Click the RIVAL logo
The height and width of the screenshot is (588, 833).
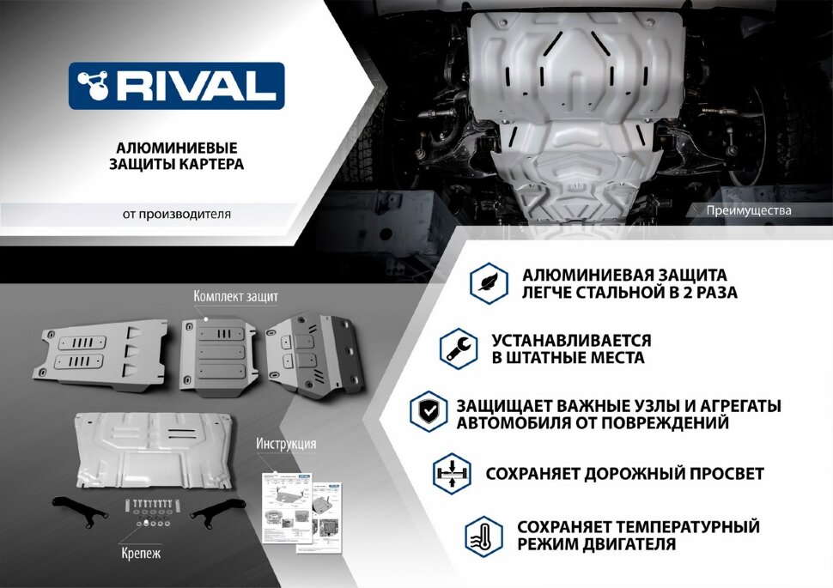point(176,86)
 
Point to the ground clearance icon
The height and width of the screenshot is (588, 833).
point(451,473)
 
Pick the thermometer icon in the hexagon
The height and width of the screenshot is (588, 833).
point(483,536)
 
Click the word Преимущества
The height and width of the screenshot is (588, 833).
point(750,210)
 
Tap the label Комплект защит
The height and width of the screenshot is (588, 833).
point(235,295)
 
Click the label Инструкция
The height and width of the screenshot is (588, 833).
point(286,444)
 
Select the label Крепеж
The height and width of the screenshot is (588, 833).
point(142,554)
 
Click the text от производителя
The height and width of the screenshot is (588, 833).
point(177,214)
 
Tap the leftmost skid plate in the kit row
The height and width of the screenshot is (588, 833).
point(101,353)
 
